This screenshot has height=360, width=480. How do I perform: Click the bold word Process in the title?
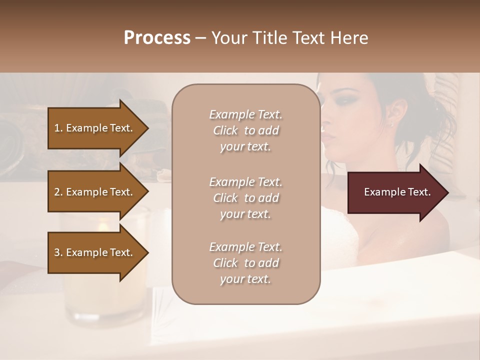pyautogui.click(x=157, y=38)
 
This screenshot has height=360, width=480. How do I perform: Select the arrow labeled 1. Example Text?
pyautogui.click(x=95, y=128)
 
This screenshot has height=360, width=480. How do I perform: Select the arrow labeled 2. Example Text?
pyautogui.click(x=95, y=192)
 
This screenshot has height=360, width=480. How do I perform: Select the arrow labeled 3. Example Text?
pyautogui.click(x=95, y=252)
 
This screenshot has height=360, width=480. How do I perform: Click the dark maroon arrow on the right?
pyautogui.click(x=395, y=192)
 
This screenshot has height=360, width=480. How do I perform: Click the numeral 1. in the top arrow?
pyautogui.click(x=58, y=128)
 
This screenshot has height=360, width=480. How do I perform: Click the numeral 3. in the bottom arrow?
pyautogui.click(x=58, y=252)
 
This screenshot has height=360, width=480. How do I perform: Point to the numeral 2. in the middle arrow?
pyautogui.click(x=58, y=192)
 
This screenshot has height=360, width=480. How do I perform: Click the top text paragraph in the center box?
pyautogui.click(x=245, y=130)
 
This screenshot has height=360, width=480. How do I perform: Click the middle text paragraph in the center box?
pyautogui.click(x=245, y=198)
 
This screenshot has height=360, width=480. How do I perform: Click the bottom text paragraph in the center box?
pyautogui.click(x=245, y=263)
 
